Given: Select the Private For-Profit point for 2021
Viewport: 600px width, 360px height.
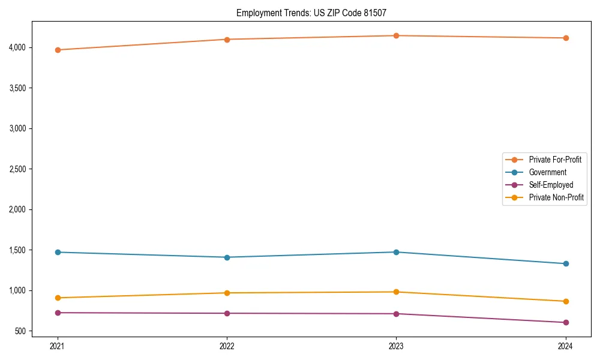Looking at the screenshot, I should coord(58,50).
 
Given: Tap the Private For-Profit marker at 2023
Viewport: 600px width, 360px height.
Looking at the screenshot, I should coord(396,36).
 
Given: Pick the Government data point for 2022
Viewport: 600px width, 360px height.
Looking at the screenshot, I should coord(227,257).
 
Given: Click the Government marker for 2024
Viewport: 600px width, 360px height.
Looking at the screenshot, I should coord(565,263).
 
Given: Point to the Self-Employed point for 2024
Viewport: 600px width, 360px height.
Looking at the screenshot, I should coord(565,322).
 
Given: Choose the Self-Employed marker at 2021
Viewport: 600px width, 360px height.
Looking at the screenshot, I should coord(58,313).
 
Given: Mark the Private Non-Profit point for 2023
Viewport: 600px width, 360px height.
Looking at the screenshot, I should coord(396,292).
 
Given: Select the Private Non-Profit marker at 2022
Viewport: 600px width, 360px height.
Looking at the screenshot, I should coord(227,293).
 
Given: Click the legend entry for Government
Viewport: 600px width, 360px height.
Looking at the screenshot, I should coord(547,172).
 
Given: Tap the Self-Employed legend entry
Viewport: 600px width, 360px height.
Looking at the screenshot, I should coord(551,185).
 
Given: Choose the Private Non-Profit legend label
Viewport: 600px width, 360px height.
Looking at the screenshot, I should coord(556,197).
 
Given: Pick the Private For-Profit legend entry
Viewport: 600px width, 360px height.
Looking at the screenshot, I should coord(554,160).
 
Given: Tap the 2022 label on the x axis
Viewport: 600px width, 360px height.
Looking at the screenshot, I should coord(227,346).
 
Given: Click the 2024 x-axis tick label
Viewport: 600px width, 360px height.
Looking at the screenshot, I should coord(565,346).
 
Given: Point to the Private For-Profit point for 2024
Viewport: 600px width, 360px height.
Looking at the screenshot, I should coord(565,38).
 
